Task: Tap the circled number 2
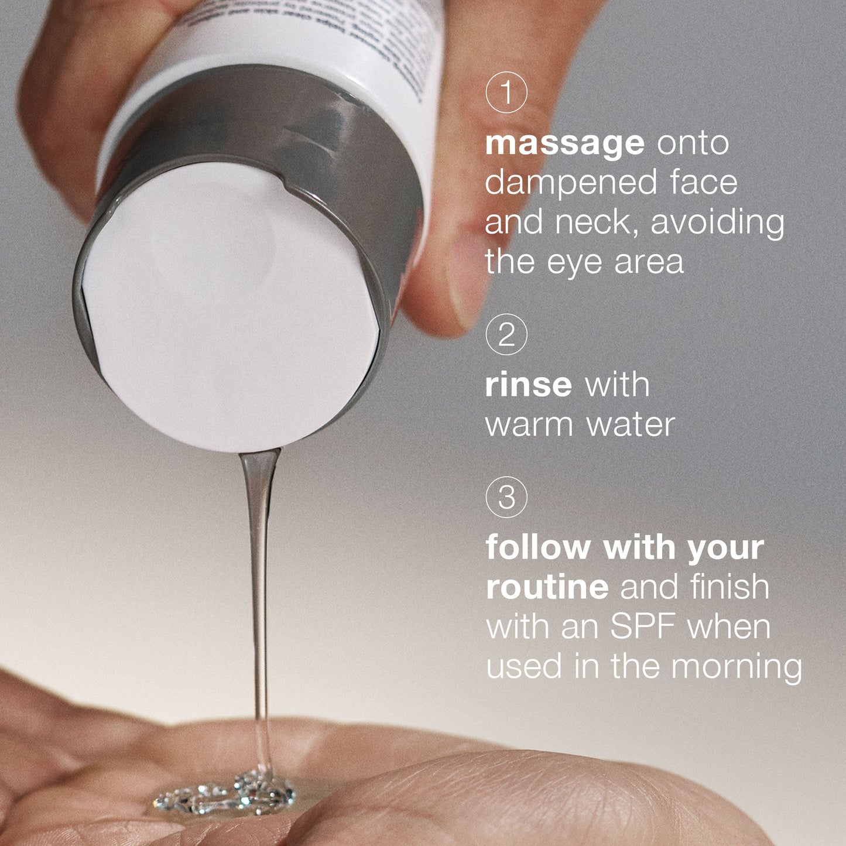click(x=506, y=335)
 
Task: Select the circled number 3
click(x=506, y=498)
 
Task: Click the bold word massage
click(x=564, y=143)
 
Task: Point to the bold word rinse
click(x=528, y=385)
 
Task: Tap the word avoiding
click(x=718, y=222)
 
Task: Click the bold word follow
click(x=538, y=547)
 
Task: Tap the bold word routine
click(x=547, y=587)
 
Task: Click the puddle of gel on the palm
click(x=228, y=793)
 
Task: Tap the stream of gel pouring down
click(x=259, y=585)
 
